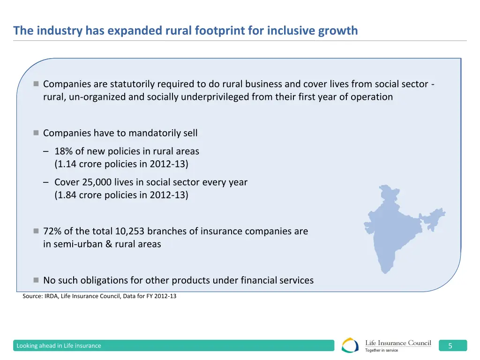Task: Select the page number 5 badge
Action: click(450, 346)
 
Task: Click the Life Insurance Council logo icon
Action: click(351, 345)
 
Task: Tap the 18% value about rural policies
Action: click(63, 151)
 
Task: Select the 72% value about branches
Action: click(52, 231)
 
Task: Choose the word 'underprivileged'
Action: click(215, 97)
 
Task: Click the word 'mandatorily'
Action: click(154, 133)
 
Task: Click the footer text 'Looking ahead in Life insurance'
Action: click(59, 346)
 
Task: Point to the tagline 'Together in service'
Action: click(382, 350)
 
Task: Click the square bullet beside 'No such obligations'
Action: click(36, 280)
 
